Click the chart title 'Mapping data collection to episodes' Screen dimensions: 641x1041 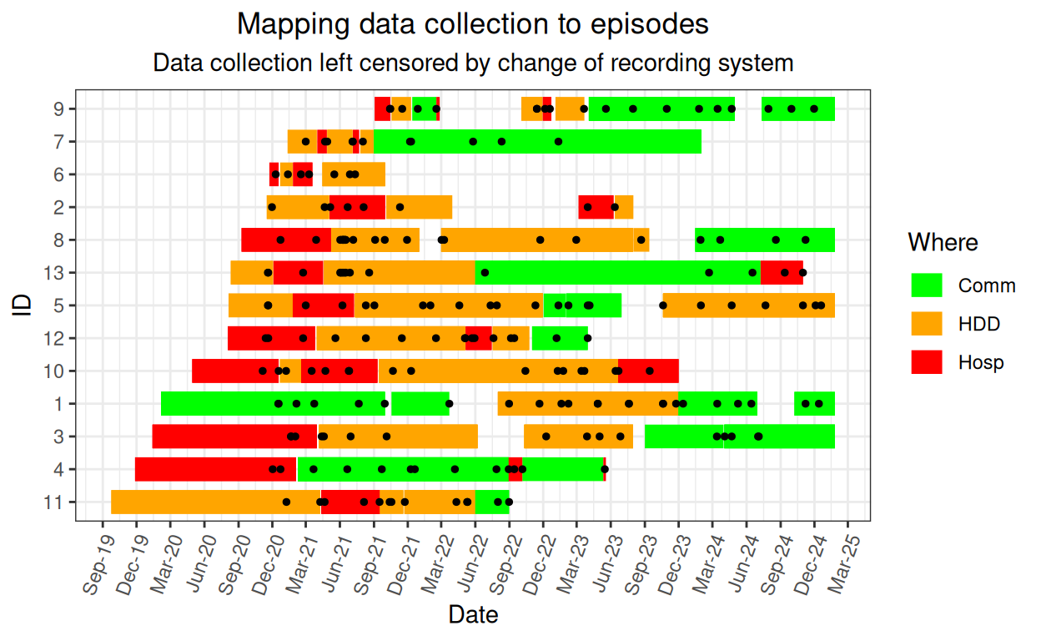pyautogui.click(x=473, y=24)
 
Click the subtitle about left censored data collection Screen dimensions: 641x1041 pyautogui.click(x=473, y=63)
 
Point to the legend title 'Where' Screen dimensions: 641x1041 pyautogui.click(x=943, y=242)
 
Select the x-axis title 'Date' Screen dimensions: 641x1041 pyautogui.click(x=473, y=615)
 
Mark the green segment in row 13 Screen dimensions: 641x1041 pyautogui.click(x=617, y=273)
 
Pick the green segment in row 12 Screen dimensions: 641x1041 pyautogui.click(x=560, y=338)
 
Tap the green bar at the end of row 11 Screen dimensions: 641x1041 pyautogui.click(x=492, y=502)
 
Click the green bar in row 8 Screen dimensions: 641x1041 pyautogui.click(x=765, y=240)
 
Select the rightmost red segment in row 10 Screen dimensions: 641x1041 pyautogui.click(x=648, y=371)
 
